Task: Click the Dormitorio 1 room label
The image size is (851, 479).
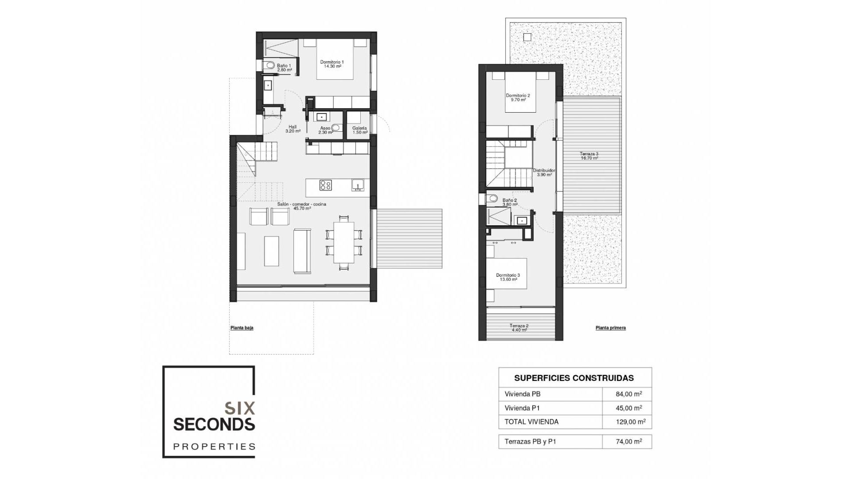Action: pyautogui.click(x=332, y=64)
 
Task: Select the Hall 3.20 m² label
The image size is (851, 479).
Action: pyautogui.click(x=293, y=129)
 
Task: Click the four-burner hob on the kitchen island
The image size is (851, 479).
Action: pyautogui.click(x=325, y=185)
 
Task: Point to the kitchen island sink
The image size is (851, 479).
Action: pyautogui.click(x=358, y=185)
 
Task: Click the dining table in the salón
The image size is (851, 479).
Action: pyautogui.click(x=344, y=242)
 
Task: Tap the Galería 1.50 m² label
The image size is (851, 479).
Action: pyautogui.click(x=359, y=130)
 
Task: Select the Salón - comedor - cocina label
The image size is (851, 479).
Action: pyautogui.click(x=302, y=206)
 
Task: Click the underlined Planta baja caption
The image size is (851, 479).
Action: pyautogui.click(x=242, y=328)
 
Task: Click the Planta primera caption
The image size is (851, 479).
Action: pyautogui.click(x=610, y=328)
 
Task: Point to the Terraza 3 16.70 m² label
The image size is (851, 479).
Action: pyautogui.click(x=589, y=156)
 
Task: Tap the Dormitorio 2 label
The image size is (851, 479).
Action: pyautogui.click(x=518, y=98)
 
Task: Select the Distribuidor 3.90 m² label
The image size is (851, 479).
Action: pyautogui.click(x=544, y=172)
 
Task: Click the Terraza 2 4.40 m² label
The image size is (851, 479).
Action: pyautogui.click(x=519, y=328)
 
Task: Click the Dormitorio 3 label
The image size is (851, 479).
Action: pyautogui.click(x=508, y=277)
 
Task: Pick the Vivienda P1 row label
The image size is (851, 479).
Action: pyautogui.click(x=522, y=408)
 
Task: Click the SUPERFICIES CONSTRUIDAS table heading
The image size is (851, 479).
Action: pyautogui.click(x=574, y=378)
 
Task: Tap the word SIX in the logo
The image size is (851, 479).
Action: pyautogui.click(x=240, y=408)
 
